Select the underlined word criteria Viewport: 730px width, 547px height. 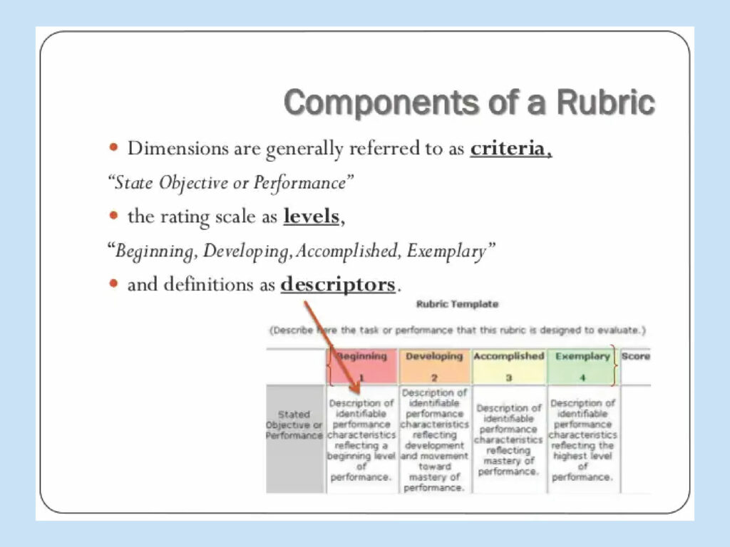[510, 149]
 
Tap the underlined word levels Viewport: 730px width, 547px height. [311, 216]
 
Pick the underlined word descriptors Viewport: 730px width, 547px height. [338, 284]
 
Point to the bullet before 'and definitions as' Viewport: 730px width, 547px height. [114, 283]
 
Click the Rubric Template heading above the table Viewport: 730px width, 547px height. [457, 304]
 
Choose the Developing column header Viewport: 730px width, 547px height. [434, 356]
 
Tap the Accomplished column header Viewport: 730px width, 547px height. [508, 356]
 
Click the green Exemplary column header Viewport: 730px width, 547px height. [582, 356]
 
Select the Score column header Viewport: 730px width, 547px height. [636, 356]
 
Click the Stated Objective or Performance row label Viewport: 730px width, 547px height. [294, 424]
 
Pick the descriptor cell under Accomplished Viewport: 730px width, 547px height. [508, 439]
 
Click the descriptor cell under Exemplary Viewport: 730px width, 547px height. [582, 439]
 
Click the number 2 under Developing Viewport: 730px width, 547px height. [434, 378]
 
